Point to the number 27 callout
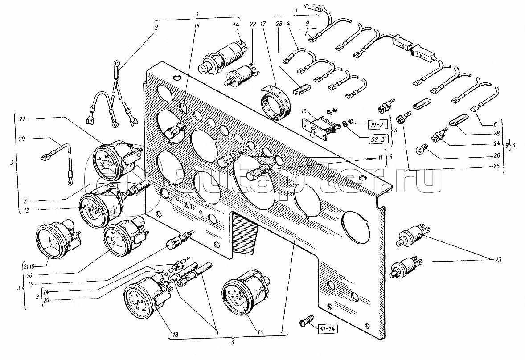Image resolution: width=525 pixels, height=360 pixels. [x=23, y=119]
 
